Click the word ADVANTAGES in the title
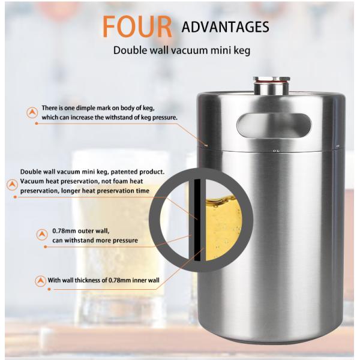click(x=225, y=27)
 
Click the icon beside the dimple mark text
click(x=32, y=112)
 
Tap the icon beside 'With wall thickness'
click(x=41, y=280)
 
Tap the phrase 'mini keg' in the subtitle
click(x=230, y=50)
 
